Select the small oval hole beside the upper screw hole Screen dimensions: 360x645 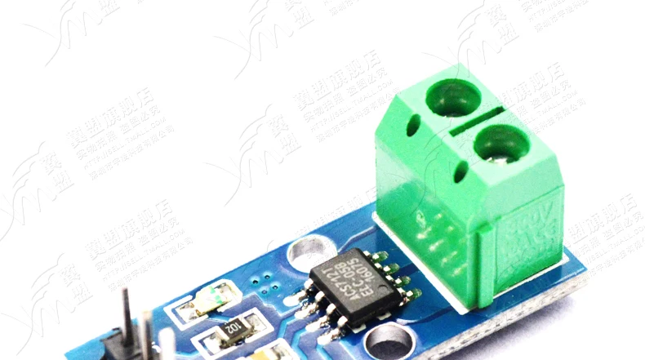pyautogui.click(x=414, y=125)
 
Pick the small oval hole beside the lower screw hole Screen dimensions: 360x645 pyautogui.click(x=464, y=173)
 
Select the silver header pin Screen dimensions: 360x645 pyautogui.click(x=146, y=335)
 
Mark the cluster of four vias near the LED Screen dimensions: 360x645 pyautogui.click(x=263, y=282)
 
